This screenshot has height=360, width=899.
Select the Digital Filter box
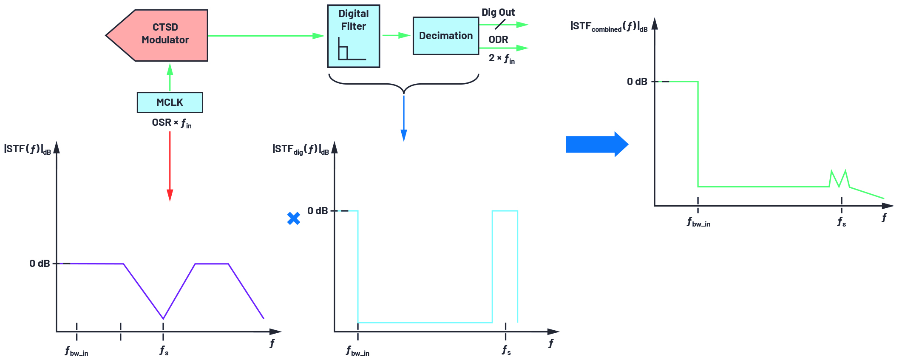pos(353,36)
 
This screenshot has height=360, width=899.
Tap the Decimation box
pos(445,36)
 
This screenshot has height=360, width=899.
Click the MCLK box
pos(170,102)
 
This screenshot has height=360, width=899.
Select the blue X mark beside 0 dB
pos(293,218)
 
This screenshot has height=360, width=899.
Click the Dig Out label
pos(498,12)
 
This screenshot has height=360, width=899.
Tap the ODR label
pos(498,40)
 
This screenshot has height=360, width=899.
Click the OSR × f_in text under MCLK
pos(172,123)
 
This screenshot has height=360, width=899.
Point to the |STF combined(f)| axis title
pos(609,26)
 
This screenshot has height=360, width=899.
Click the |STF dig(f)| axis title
pos(301,149)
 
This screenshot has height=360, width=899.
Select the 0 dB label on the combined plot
pos(637,82)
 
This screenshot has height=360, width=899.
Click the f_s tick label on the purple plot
pos(164,351)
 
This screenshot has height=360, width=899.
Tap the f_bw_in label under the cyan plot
pos(357,351)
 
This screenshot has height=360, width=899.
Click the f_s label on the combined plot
pos(842,222)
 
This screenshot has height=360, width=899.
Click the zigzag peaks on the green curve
pos(839,179)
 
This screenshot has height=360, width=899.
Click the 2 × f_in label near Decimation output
pos(502,58)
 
